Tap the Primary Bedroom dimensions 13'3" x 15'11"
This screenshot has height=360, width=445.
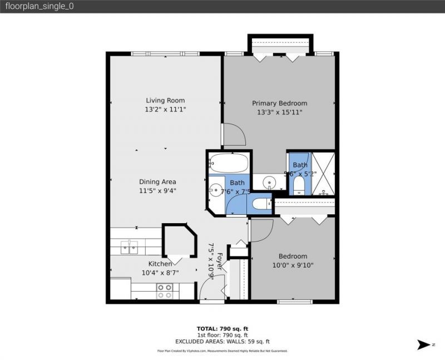coord(279,112)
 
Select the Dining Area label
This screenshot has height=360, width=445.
coord(157,181)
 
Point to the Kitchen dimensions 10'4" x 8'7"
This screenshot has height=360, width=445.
coord(160,273)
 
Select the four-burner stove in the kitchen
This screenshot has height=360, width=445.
coord(165,290)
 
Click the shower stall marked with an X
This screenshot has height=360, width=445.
coord(323,173)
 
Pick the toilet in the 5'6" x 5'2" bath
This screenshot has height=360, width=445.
coord(299,185)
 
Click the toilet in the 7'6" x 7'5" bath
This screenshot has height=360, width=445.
coord(259,204)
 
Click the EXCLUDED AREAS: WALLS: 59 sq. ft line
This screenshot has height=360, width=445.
coord(222,342)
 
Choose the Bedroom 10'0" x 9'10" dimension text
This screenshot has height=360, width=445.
coord(293,265)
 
